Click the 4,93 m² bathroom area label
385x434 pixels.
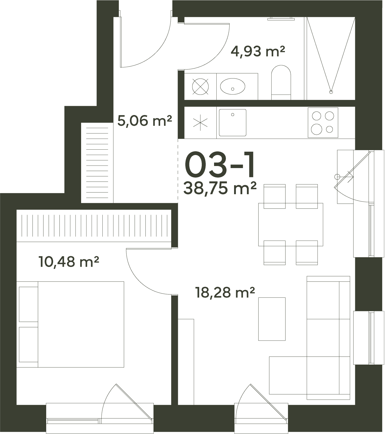tap(258, 51)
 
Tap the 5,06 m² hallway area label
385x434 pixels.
tap(145, 121)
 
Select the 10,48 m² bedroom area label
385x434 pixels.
tap(69, 262)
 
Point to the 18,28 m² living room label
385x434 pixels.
tap(225, 292)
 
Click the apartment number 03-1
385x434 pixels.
tap(220, 164)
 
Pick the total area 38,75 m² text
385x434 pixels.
tap(220, 188)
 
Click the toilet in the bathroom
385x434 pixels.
tap(281, 82)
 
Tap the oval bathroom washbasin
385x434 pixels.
tap(233, 86)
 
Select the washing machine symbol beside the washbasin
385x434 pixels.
tap(200, 86)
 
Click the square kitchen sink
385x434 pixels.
tap(233, 123)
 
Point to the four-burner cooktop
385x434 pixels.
tap(323, 123)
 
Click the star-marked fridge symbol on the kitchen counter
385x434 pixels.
tap(200, 123)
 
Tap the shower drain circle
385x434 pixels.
tap(331, 91)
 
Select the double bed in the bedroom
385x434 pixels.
tap(70, 324)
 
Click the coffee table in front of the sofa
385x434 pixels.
tap(272, 319)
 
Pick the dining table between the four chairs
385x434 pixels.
tap(291, 224)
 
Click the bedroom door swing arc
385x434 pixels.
tap(140, 281)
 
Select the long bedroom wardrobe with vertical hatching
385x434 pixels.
tap(94, 226)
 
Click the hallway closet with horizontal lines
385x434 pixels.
tap(97, 163)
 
